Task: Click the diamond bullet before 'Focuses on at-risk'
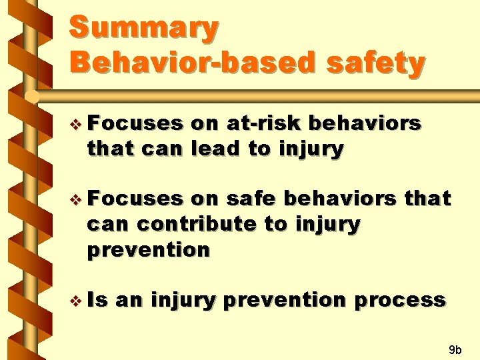point(75,125)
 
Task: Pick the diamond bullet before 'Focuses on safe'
point(75,200)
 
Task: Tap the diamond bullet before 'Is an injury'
point(75,301)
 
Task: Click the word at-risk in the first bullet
point(263,123)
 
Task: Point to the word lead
point(215,148)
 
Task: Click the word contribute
point(197,224)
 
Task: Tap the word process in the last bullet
point(400,301)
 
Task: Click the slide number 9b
point(455,349)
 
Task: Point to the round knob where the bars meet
point(31,97)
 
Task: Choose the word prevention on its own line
point(149,251)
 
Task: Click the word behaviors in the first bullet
point(365,123)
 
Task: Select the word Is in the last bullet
point(97,299)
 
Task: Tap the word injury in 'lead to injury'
point(311,149)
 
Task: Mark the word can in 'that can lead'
point(161,150)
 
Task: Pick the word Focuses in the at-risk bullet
point(135,123)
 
